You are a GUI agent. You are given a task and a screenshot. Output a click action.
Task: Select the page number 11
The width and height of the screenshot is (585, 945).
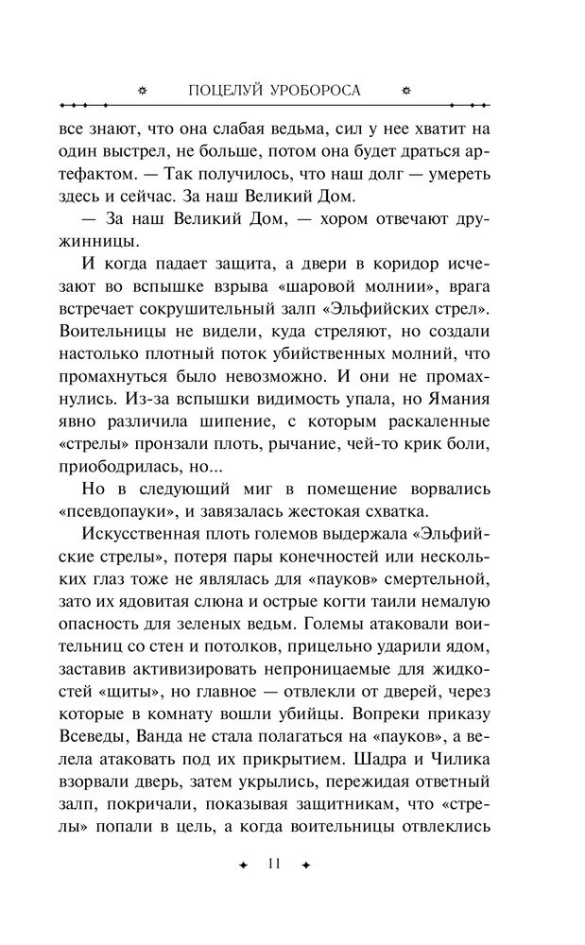coord(275,864)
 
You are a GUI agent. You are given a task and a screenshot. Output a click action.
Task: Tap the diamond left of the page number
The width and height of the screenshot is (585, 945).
coord(244,865)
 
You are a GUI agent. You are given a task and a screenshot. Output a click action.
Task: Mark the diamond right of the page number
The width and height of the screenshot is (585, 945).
coord(306,865)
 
